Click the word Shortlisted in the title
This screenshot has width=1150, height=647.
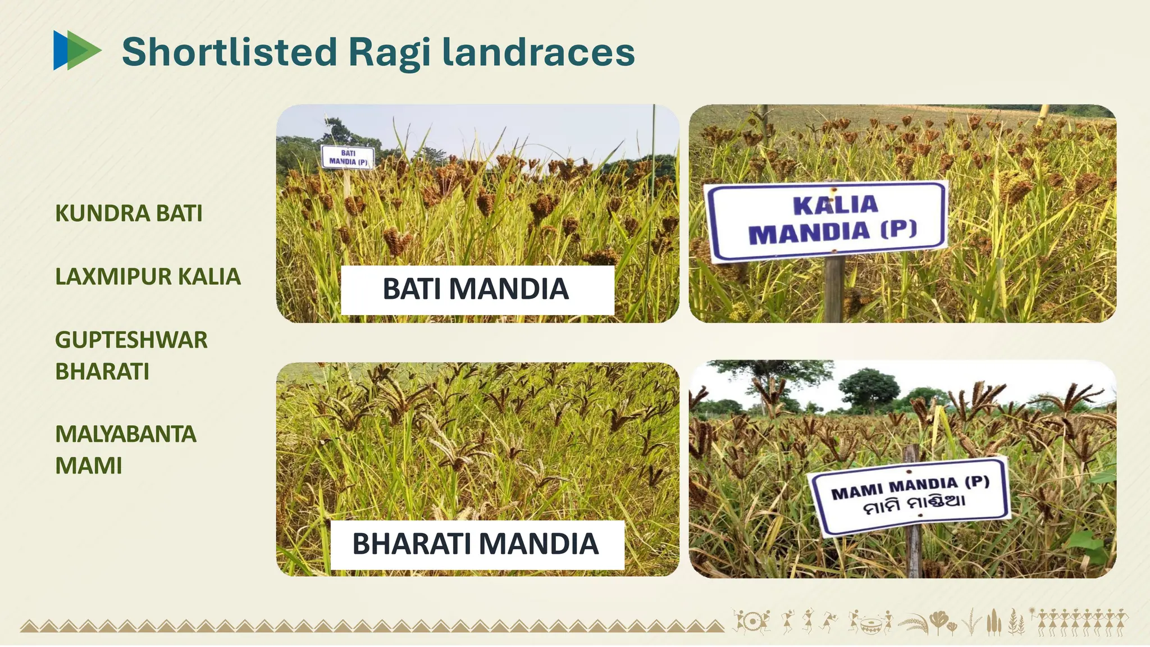pyautogui.click(x=229, y=52)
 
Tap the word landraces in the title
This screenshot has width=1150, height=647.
pyautogui.click(x=538, y=52)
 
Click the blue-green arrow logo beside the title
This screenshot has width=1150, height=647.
pyautogui.click(x=76, y=51)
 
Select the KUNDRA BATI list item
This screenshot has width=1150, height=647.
pyautogui.click(x=129, y=213)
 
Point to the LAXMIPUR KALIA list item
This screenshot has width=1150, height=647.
pyautogui.click(x=148, y=277)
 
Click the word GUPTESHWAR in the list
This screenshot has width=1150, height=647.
pyautogui.click(x=131, y=340)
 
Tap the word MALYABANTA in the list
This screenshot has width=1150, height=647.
pyautogui.click(x=126, y=434)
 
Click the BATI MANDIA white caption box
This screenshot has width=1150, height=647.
pyautogui.click(x=477, y=289)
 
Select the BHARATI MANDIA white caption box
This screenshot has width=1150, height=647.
pyautogui.click(x=477, y=544)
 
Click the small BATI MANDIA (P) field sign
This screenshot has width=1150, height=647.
pyautogui.click(x=348, y=157)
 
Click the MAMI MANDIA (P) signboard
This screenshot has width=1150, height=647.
pyautogui.click(x=910, y=494)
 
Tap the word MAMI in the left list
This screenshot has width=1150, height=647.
pyautogui.click(x=89, y=466)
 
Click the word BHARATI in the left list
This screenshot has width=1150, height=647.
pyautogui.click(x=102, y=372)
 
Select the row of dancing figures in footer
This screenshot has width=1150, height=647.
pyautogui.click(x=1081, y=622)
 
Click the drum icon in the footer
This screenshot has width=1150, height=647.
pyautogui.click(x=870, y=623)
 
